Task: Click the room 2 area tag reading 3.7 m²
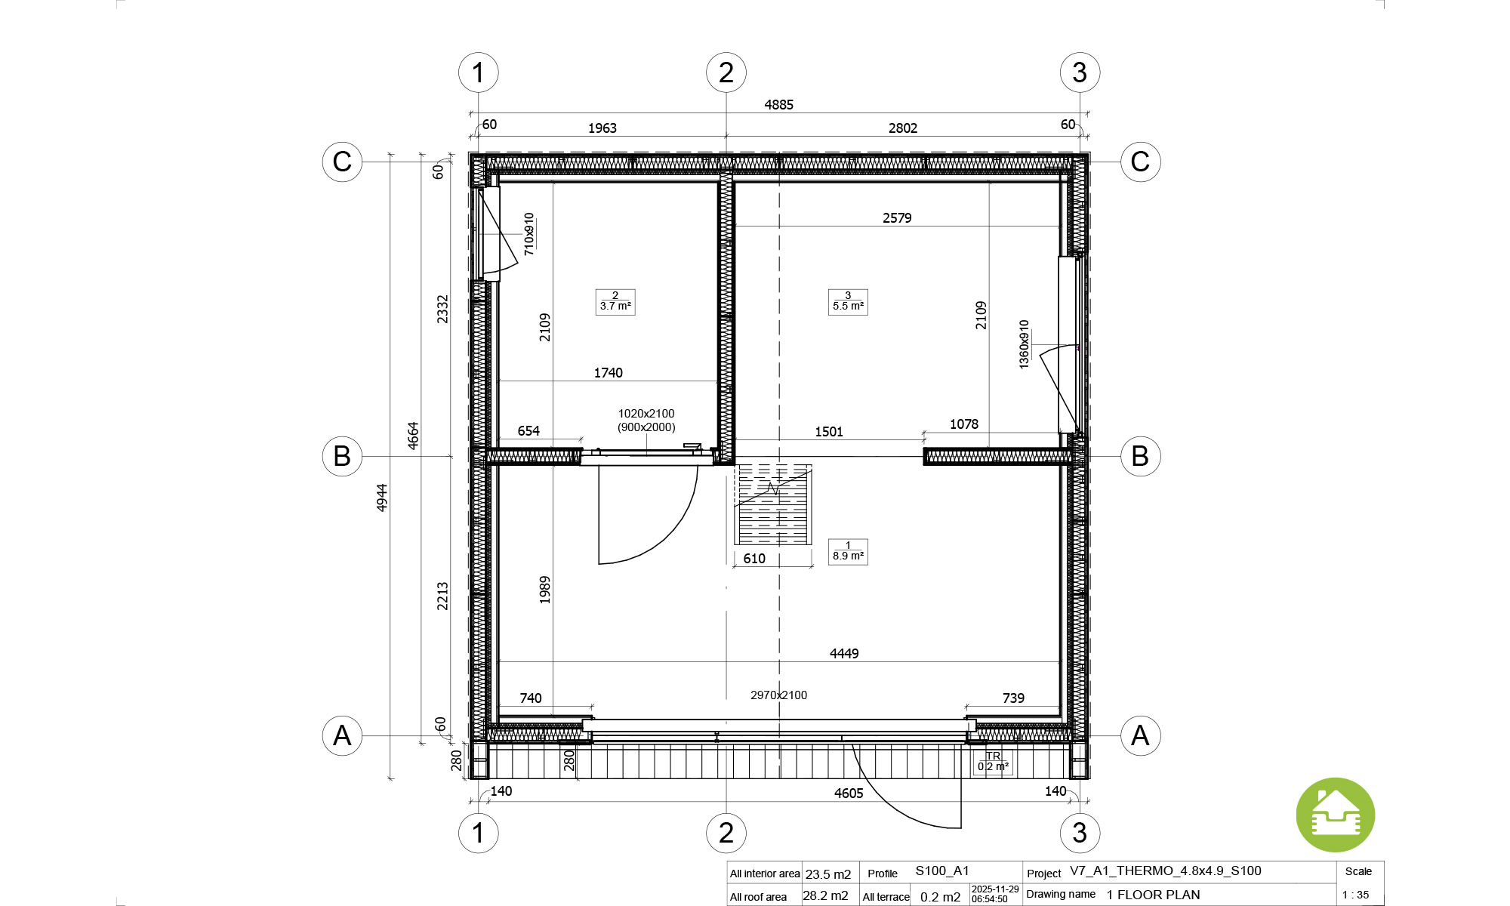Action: (615, 302)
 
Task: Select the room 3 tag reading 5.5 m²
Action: (848, 302)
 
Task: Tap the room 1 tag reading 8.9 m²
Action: (848, 552)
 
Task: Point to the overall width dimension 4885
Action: (778, 105)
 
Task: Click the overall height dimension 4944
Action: (382, 498)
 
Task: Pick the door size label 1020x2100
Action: (646, 414)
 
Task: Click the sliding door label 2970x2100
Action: (778, 695)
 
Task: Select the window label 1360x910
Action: (1024, 344)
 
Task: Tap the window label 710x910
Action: (528, 234)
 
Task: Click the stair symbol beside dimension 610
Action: (773, 504)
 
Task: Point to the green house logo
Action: (1336, 815)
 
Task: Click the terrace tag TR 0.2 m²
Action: (993, 762)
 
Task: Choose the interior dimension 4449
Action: (844, 654)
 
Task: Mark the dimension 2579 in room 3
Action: (897, 218)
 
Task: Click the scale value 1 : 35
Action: (1355, 895)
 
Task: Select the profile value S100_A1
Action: (942, 871)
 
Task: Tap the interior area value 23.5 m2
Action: (828, 874)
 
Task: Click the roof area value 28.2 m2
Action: (825, 896)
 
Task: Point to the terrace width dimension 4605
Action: (849, 794)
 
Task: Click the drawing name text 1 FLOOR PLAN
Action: (1154, 895)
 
